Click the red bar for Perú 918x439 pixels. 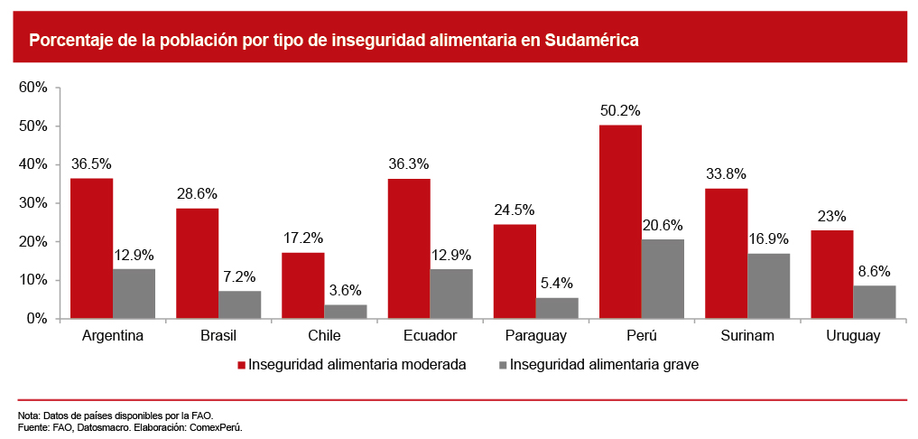(620, 221)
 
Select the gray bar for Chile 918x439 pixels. (346, 312)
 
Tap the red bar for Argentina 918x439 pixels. (91, 248)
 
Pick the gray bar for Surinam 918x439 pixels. (768, 285)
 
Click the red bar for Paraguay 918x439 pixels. (515, 271)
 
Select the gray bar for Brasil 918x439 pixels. (239, 304)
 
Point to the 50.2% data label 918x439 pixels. (620, 111)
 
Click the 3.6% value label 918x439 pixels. (346, 290)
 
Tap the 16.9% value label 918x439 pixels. (768, 239)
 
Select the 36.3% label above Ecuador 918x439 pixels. (409, 164)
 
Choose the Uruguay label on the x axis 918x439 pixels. (853, 336)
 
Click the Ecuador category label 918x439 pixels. (430, 336)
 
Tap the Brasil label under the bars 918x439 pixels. (218, 336)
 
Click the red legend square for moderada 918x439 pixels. (241, 366)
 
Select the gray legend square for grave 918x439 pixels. (503, 366)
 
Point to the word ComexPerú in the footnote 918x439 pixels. (218, 427)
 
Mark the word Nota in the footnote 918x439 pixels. (28, 416)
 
